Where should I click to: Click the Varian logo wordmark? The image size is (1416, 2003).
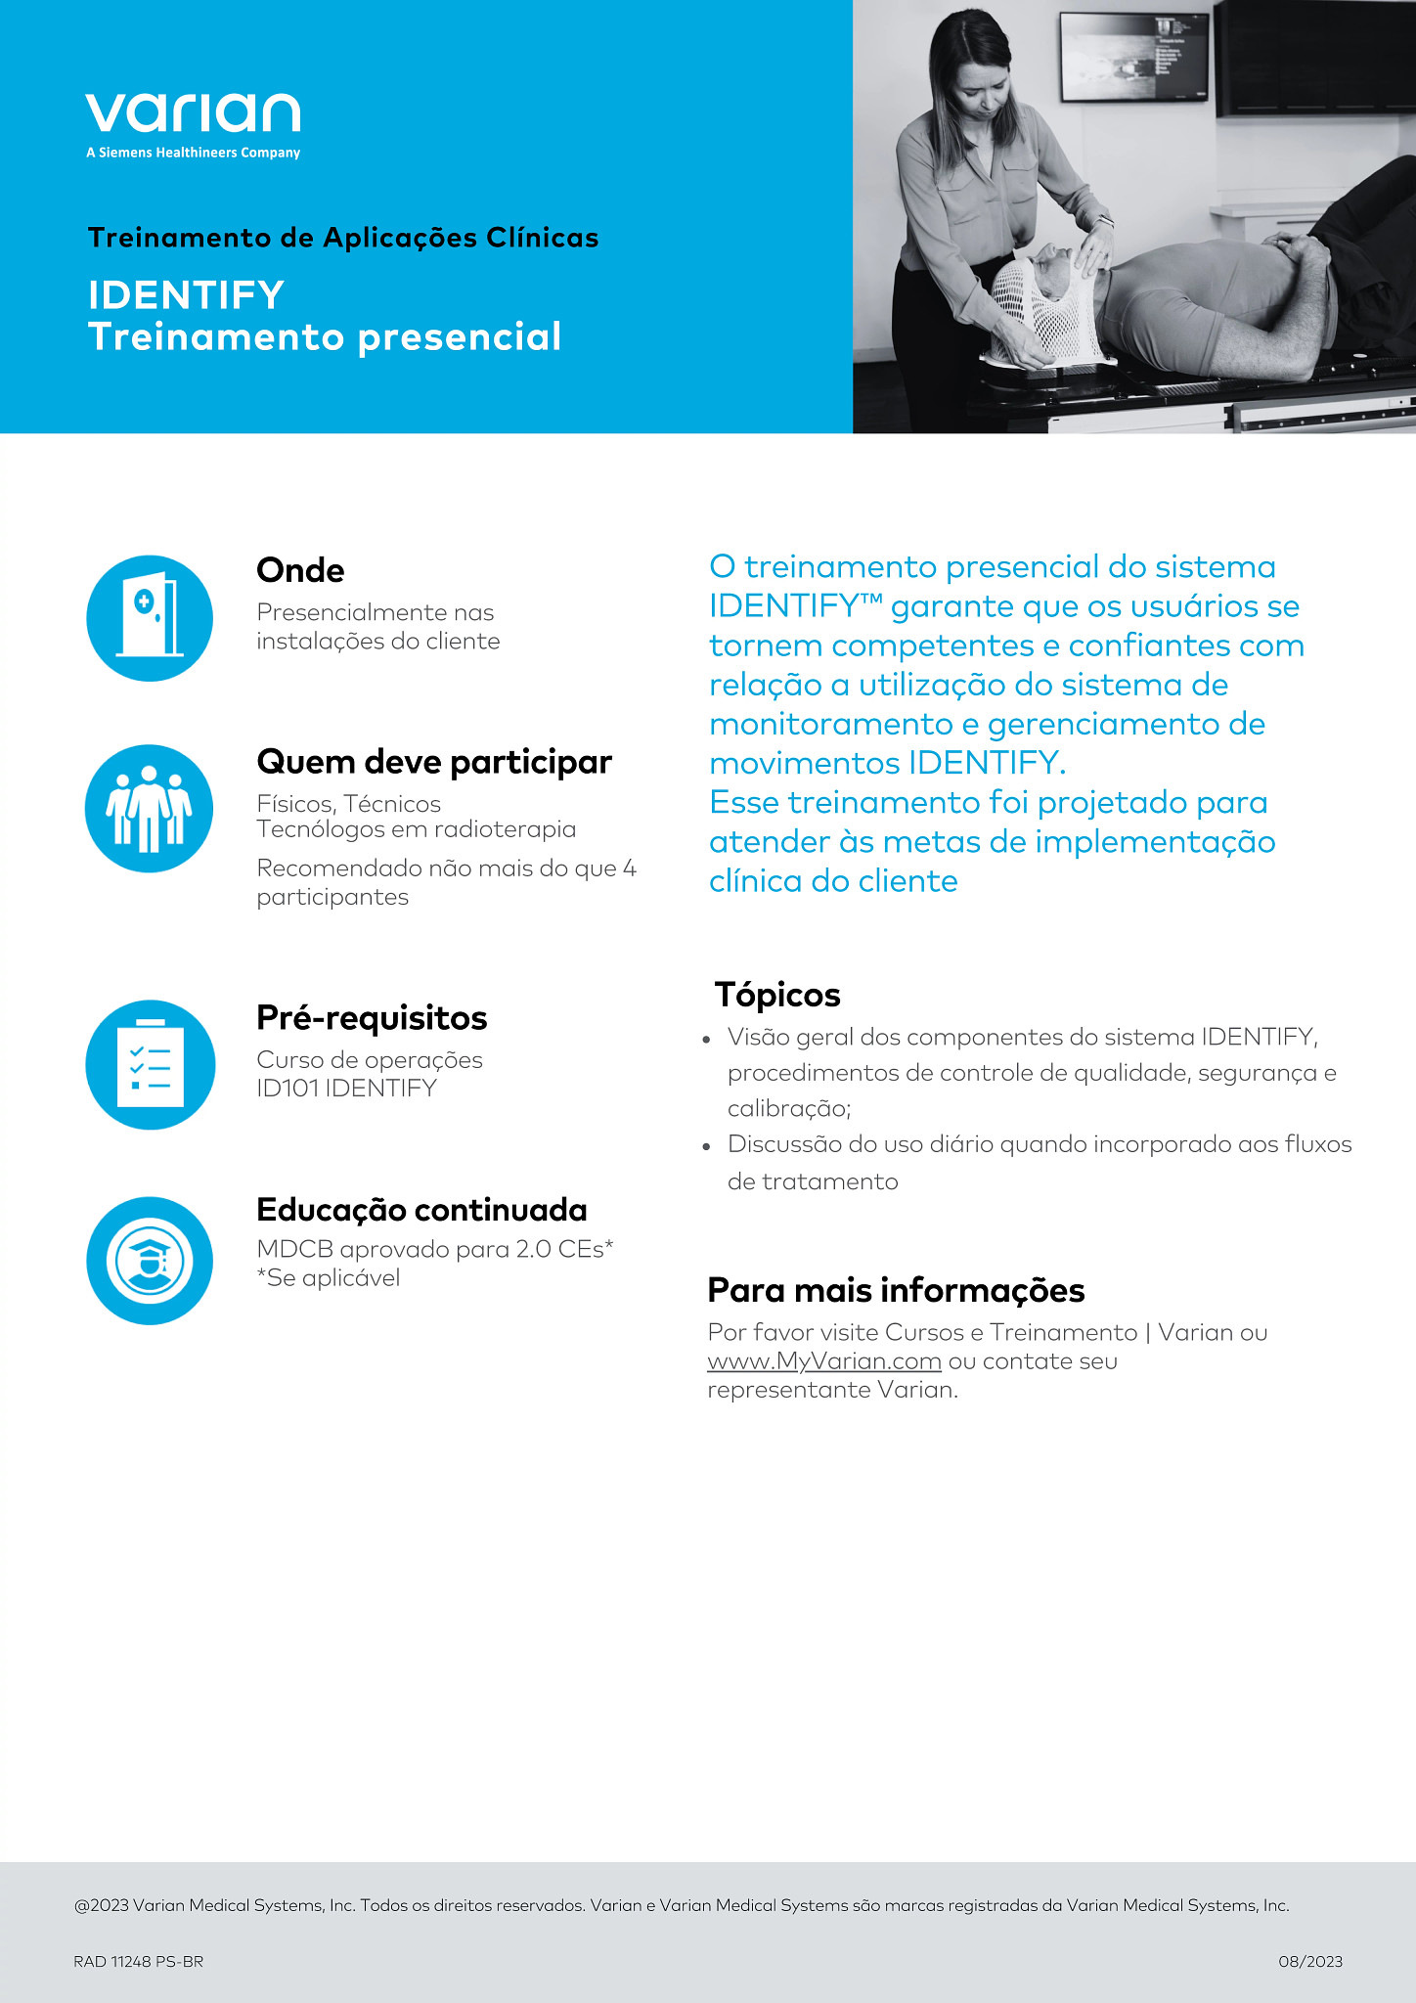click(x=193, y=113)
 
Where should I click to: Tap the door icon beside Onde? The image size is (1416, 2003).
click(x=150, y=618)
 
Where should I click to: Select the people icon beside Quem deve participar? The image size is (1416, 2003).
click(x=150, y=809)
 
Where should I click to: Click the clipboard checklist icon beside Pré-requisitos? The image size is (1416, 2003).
click(x=150, y=1064)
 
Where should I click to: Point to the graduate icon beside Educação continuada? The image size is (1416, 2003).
click(x=150, y=1261)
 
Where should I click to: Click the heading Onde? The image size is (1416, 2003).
click(x=300, y=570)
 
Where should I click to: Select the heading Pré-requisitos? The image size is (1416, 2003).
click(x=372, y=1018)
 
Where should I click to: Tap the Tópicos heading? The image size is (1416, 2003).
click(x=777, y=995)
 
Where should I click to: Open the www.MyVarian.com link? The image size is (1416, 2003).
click(x=824, y=1361)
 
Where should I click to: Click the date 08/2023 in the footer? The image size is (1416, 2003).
click(x=1310, y=1961)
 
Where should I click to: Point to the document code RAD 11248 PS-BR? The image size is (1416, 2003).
click(x=138, y=1961)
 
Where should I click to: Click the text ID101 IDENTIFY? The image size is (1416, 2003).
click(x=346, y=1089)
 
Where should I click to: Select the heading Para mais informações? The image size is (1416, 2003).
click(x=896, y=1290)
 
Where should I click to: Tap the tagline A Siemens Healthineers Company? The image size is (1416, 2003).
click(x=193, y=153)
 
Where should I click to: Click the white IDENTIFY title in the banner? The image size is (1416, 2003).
click(x=186, y=294)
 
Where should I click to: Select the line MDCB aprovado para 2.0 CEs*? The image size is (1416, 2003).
click(x=435, y=1249)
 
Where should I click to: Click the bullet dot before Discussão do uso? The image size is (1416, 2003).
click(x=706, y=1146)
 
